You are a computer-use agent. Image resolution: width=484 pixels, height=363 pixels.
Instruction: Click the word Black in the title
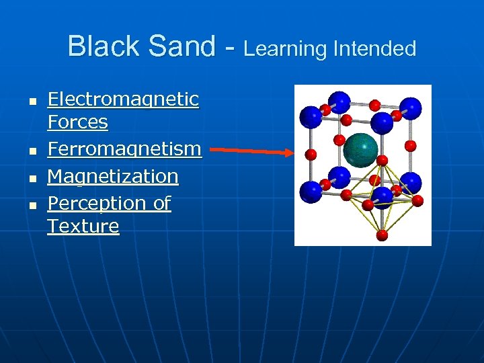click(x=103, y=46)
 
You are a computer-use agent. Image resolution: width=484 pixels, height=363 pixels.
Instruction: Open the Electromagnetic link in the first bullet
click(x=123, y=99)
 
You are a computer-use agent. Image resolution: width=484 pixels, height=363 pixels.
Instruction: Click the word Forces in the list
click(x=77, y=122)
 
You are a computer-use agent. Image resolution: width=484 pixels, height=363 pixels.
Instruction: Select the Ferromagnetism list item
click(x=124, y=149)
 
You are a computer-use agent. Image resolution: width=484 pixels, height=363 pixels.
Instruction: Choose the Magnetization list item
click(x=113, y=176)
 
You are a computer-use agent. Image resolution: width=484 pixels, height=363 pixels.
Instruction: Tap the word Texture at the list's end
click(x=83, y=226)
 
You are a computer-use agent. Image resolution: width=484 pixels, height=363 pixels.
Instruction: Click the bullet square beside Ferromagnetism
click(x=30, y=150)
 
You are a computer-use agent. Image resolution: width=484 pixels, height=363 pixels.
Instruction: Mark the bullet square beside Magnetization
click(x=30, y=177)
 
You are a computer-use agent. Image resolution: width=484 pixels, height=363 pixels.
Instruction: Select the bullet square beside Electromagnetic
click(x=30, y=101)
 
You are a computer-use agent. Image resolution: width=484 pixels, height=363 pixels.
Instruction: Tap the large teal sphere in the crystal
click(x=360, y=150)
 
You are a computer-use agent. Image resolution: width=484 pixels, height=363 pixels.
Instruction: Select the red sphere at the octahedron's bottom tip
click(x=382, y=235)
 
